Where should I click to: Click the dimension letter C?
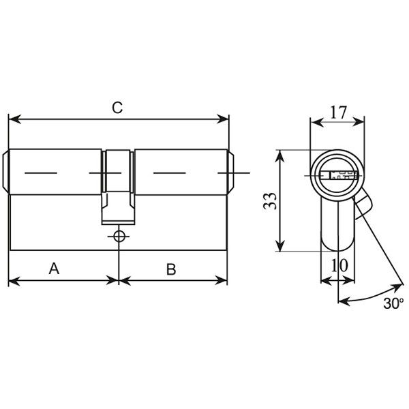[x=117, y=108]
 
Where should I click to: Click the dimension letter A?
[x=54, y=269]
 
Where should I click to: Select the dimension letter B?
[x=171, y=269]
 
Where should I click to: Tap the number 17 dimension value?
[x=338, y=112]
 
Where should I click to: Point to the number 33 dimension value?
[x=269, y=201]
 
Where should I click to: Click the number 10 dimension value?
[x=339, y=265]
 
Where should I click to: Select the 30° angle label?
[x=393, y=303]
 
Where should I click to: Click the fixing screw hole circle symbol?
[x=119, y=237]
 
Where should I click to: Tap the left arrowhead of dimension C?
[x=14, y=119]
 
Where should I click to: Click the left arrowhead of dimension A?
[x=14, y=281]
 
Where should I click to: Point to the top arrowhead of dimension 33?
[x=279, y=156]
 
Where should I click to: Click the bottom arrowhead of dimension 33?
[x=279, y=245]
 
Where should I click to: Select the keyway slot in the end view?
[x=338, y=175]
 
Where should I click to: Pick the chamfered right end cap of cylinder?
[x=230, y=172]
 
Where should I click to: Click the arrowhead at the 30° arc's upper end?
[x=398, y=287]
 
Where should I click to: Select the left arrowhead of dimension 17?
[x=318, y=122]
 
